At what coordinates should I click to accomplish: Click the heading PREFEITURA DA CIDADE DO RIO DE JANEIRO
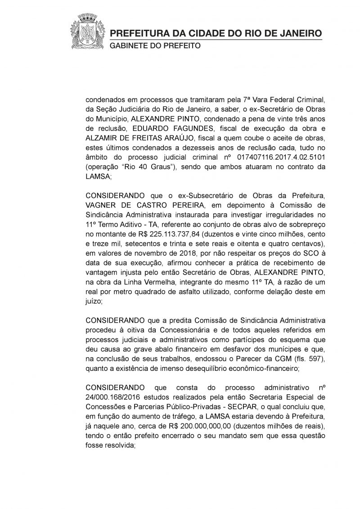click(216, 34)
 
